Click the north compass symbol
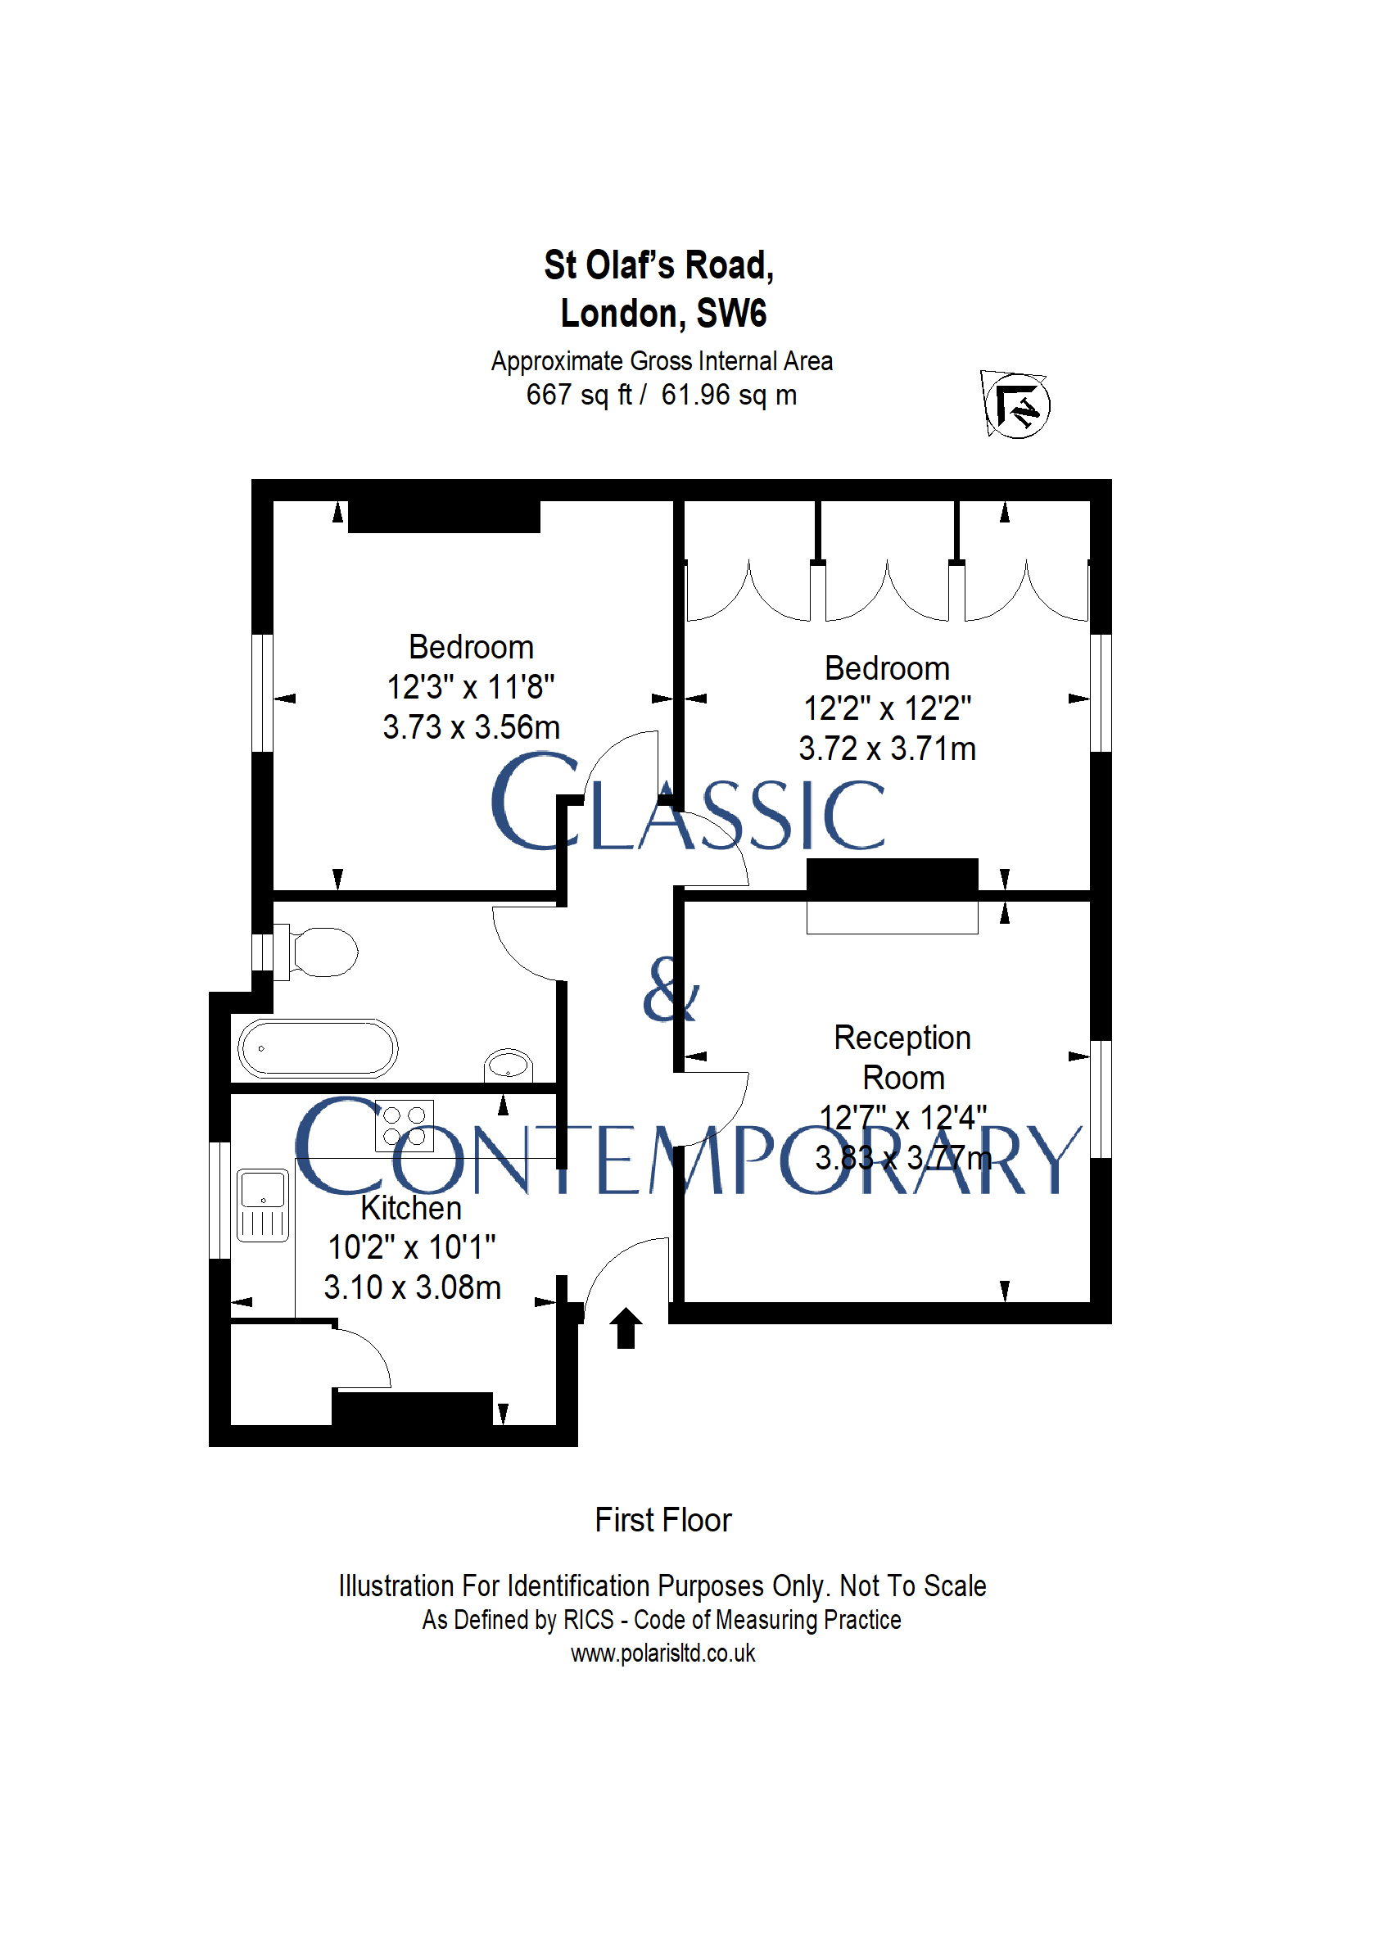1015,405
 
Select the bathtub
318,1047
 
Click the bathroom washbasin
509,1065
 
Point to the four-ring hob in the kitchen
405,1125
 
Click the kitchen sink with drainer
262,1205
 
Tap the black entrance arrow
626,1328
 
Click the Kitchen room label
411,1207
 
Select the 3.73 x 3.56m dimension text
472,727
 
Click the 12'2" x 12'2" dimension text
888,708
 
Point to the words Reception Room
902,1057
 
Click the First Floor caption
663,1520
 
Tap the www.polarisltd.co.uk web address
663,1653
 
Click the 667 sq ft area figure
579,396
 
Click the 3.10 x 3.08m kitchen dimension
412,1287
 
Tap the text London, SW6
663,314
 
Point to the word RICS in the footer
589,1619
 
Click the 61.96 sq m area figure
730,396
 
